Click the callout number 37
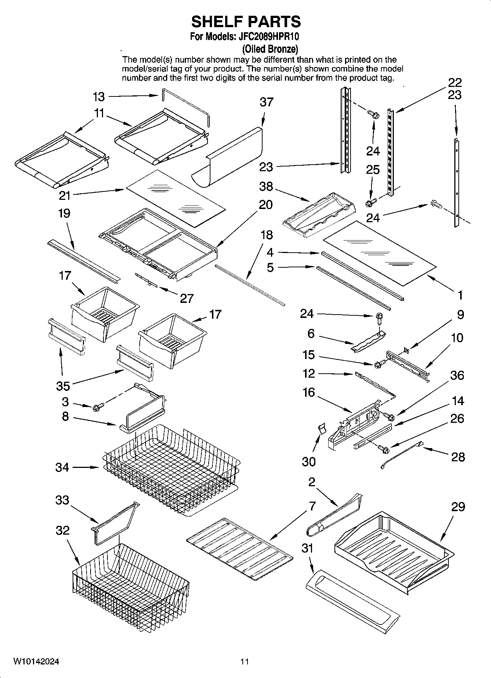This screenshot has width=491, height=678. [x=266, y=102]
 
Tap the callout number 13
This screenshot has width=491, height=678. [x=98, y=97]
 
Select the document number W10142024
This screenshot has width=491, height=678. [x=36, y=661]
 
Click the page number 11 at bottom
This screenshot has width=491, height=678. [x=245, y=661]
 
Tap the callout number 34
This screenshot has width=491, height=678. [x=62, y=467]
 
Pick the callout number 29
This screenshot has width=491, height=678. [x=458, y=507]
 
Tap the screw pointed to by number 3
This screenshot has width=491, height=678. [x=98, y=406]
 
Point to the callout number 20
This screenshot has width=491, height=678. [x=266, y=205]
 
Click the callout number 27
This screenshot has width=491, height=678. [x=186, y=298]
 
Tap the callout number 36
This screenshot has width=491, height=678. [x=457, y=375]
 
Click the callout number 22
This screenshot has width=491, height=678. [x=455, y=83]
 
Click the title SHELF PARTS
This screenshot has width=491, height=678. [x=246, y=22]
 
